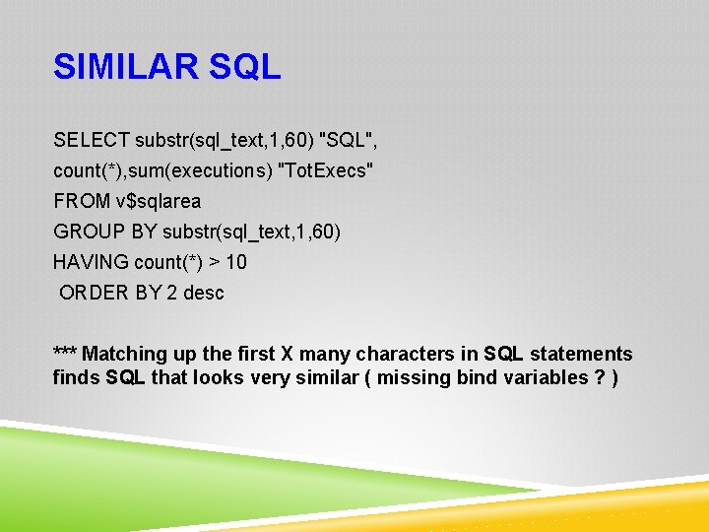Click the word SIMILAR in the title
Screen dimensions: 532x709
click(125, 67)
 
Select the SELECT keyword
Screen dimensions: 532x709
click(92, 141)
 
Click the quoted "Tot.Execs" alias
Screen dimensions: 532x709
click(327, 171)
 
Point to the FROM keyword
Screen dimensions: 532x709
click(82, 201)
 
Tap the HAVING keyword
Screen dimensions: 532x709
click(91, 262)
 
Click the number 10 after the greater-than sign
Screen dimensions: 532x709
click(235, 262)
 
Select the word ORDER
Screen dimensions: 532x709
click(94, 293)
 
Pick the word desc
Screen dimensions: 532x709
click(203, 293)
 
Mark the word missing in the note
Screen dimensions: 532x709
click(414, 377)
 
